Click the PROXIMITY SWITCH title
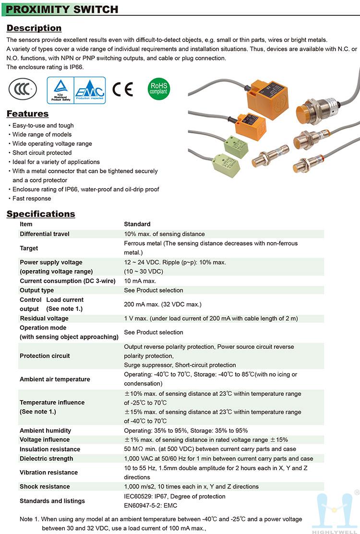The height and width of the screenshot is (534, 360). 63,9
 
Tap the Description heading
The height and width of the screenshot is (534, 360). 34,28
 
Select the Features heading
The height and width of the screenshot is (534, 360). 27,114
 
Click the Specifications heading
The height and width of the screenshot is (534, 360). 41,214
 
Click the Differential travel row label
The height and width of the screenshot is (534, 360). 45,234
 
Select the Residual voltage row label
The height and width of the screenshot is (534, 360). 44,319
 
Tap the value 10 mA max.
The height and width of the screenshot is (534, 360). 140,281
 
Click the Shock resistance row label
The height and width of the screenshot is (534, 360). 45,487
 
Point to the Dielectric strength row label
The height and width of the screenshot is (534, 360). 46,459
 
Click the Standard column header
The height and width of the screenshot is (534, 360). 137,224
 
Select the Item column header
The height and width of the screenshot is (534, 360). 26,224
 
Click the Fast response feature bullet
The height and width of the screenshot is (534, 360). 32,199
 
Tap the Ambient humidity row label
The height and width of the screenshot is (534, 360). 45,431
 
